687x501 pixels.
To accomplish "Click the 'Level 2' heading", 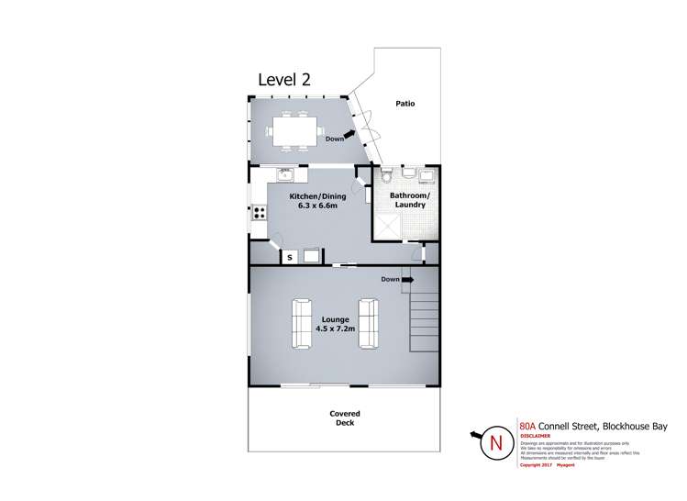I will click(x=283, y=79).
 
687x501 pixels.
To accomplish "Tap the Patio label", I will click(x=404, y=104).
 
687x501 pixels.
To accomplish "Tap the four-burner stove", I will click(x=260, y=213).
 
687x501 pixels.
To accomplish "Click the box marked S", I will click(x=290, y=257).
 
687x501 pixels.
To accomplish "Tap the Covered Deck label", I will click(x=345, y=418).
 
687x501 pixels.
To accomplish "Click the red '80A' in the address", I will click(x=528, y=426).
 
